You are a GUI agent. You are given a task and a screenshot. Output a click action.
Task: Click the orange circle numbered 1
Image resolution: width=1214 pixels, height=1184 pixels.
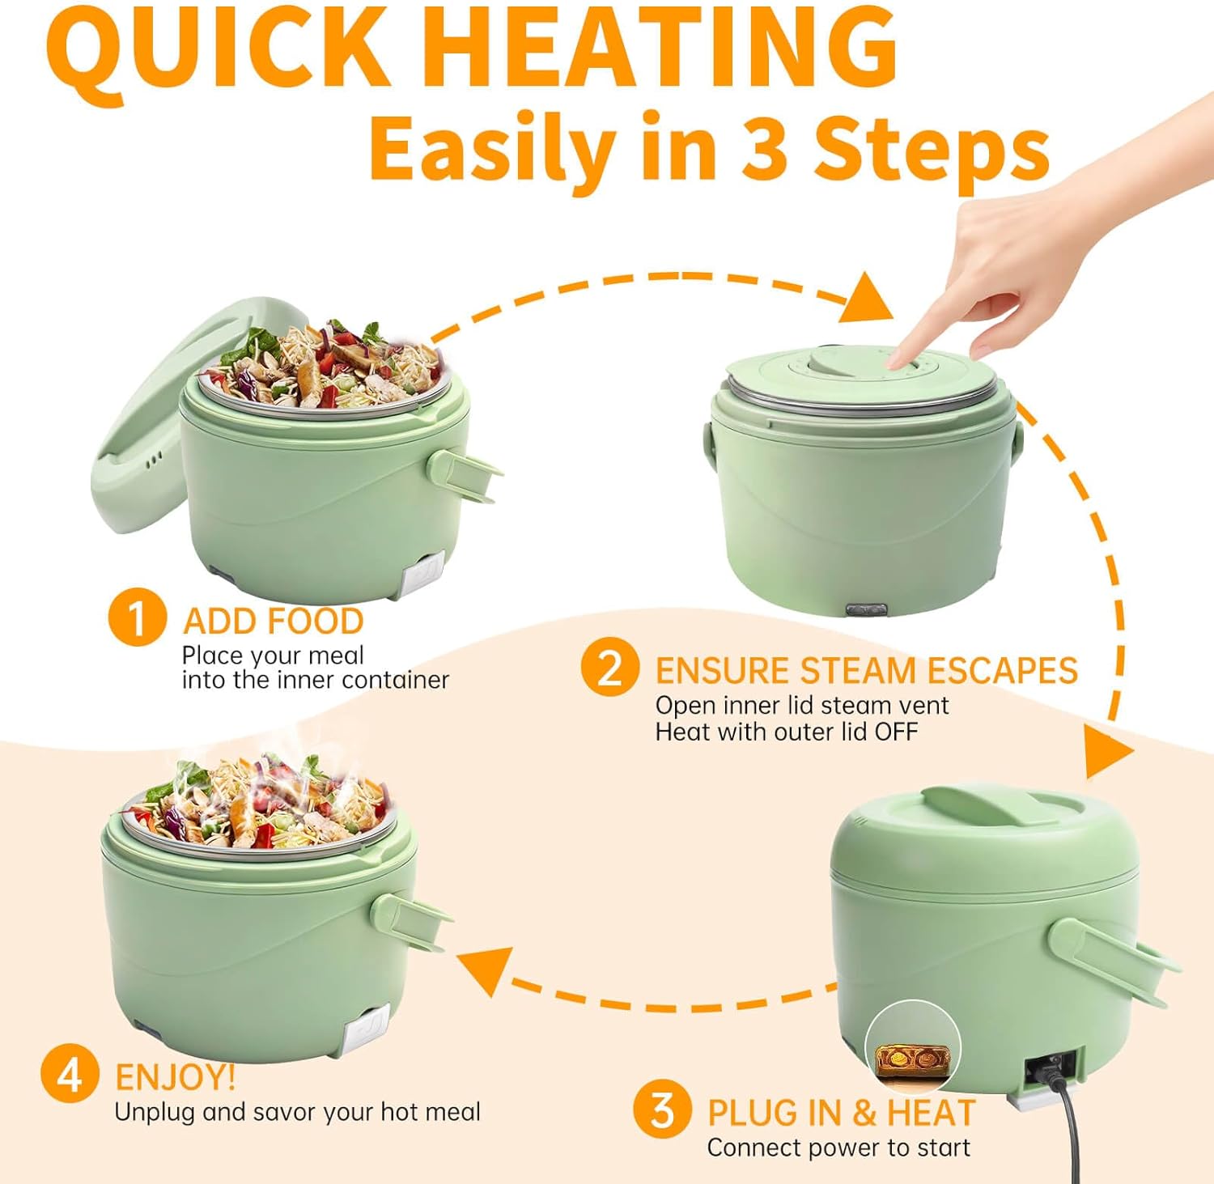(137, 617)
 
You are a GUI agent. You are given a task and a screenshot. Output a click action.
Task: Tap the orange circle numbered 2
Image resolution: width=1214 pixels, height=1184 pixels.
(609, 667)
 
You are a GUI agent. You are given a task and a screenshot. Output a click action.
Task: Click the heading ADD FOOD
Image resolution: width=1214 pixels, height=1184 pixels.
(274, 622)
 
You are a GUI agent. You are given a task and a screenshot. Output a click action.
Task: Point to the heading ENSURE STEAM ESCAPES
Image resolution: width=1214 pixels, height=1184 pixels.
(866, 671)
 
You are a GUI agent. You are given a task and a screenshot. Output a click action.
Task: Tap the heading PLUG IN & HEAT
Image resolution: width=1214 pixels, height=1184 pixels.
(841, 1113)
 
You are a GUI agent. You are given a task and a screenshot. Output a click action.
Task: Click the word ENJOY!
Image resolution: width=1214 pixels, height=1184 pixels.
(176, 1077)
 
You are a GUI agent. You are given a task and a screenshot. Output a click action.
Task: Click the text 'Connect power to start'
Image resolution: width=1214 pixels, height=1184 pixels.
(838, 1148)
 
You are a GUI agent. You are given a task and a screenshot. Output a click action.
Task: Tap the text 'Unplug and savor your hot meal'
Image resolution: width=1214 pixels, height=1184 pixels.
(297, 1112)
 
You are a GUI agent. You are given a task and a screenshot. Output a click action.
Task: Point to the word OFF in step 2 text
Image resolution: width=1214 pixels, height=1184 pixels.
(896, 732)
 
